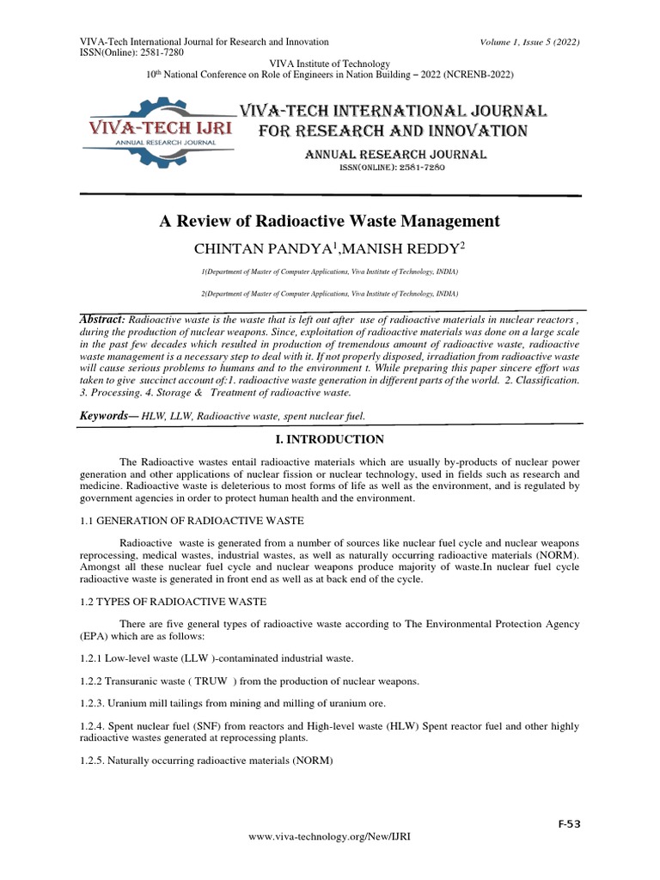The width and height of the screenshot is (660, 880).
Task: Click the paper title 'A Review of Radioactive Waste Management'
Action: click(x=329, y=221)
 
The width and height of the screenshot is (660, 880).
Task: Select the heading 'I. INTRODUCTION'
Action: click(x=329, y=439)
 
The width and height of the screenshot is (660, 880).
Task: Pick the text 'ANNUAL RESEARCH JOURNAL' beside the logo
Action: click(x=396, y=155)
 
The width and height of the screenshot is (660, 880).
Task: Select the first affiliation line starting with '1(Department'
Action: click(x=329, y=272)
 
